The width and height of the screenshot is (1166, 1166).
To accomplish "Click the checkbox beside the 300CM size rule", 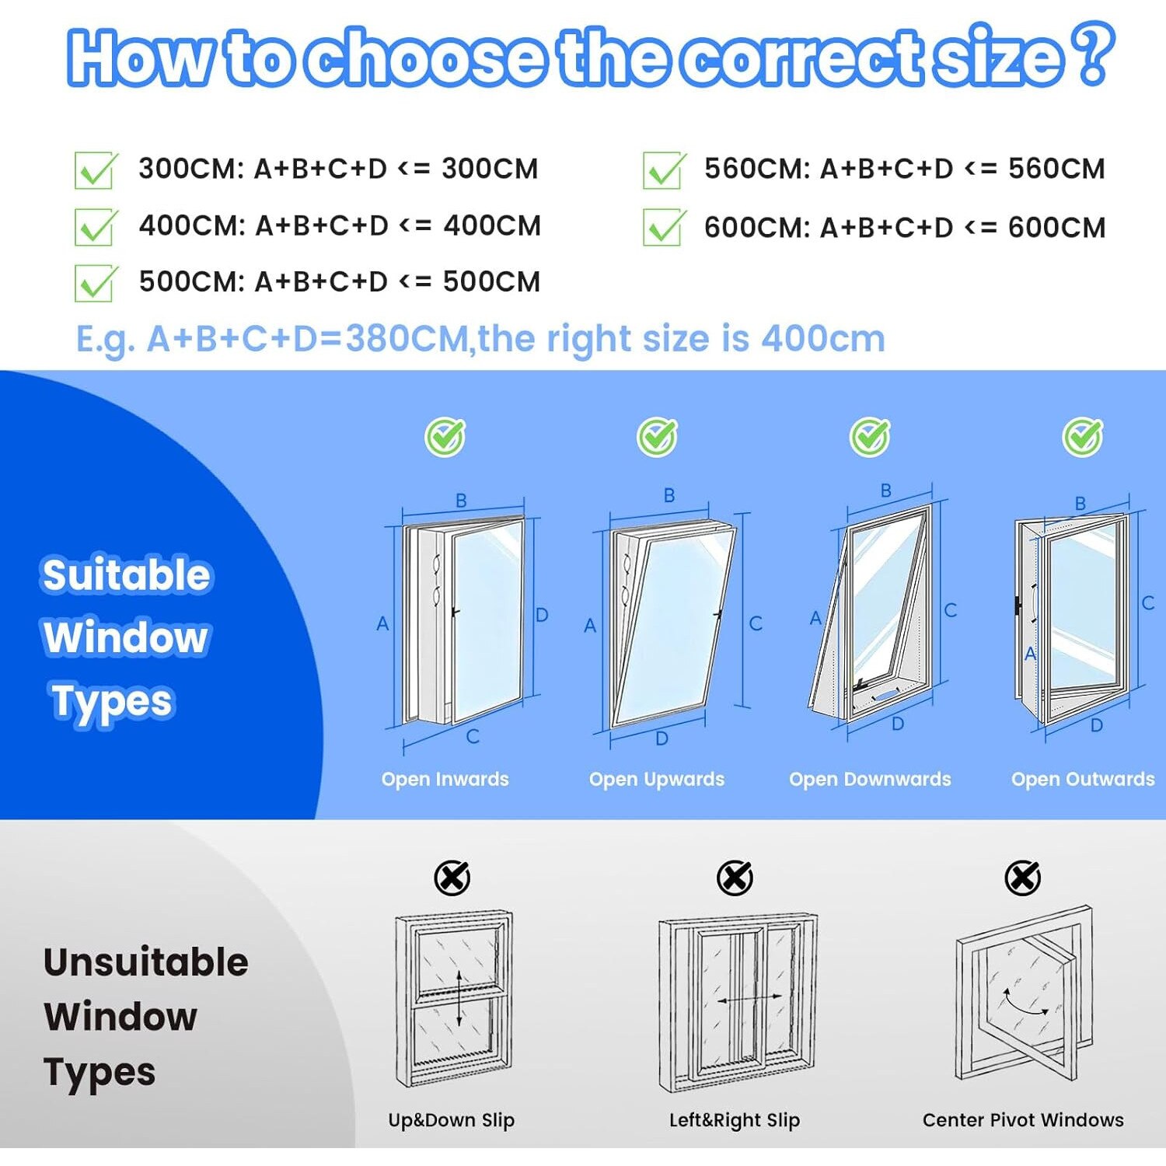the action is point(96,170).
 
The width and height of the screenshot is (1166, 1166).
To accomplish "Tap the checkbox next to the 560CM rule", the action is point(665,170).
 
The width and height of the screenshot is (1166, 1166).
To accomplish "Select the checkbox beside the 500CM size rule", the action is point(96,283).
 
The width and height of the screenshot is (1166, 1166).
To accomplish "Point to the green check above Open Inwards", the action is point(445,437).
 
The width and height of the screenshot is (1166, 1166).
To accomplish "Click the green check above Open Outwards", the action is point(1083,437).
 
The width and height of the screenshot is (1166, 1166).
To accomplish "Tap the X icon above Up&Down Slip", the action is point(452,878).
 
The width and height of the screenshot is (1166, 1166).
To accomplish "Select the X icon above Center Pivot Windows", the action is point(1023,878).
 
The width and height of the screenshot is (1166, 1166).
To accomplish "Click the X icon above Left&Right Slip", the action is point(735,878).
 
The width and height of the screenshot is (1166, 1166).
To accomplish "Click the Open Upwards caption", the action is point(657,779).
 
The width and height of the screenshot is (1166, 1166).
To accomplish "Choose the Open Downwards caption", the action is point(870,779).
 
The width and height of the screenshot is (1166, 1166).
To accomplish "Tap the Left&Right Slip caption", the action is point(735,1120).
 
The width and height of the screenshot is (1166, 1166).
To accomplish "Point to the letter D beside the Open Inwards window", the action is point(542,615).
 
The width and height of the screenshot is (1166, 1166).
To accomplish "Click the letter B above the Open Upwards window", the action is point(669,495).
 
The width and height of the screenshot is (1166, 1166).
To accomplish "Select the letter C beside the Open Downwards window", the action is point(950,610).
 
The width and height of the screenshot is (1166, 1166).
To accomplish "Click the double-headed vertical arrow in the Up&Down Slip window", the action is point(459,998).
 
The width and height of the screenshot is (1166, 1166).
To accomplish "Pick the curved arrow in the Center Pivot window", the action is point(1025,1002).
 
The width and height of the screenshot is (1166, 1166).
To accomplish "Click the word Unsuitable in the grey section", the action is point(146,962).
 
